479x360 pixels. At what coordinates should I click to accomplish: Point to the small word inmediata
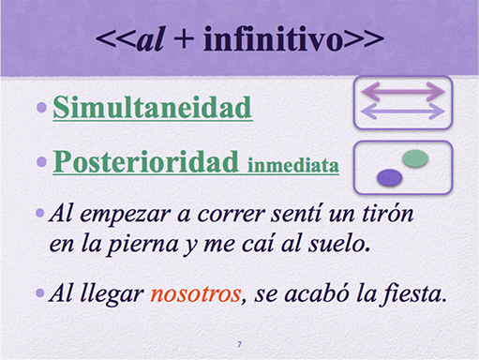(x=293, y=165)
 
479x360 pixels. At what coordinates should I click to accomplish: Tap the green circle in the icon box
(x=415, y=158)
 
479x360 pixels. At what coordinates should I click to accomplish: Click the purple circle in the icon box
(x=389, y=176)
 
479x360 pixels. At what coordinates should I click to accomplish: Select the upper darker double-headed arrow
(x=402, y=91)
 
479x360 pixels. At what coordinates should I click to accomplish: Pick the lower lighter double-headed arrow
(x=402, y=112)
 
